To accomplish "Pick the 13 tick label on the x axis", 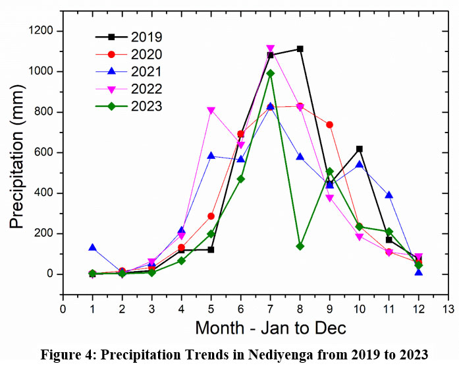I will [x=448, y=308].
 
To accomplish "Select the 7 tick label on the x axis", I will [x=270, y=308].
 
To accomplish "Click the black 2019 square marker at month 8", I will [x=300, y=49].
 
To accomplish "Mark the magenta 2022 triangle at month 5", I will [x=211, y=111].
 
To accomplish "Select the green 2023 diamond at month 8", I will [x=300, y=246].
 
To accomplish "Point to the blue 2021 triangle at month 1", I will [x=92, y=247].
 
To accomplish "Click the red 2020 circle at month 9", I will [x=329, y=125].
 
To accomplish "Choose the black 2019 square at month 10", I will [x=359, y=149].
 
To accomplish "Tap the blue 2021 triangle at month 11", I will [x=389, y=195].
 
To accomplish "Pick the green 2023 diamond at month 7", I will [x=270, y=73].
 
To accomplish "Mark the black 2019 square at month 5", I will [x=211, y=250].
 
